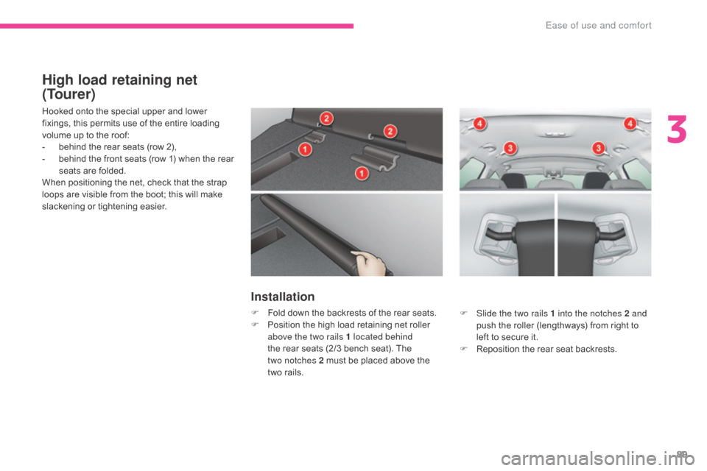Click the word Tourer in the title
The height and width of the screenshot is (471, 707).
[x=68, y=94]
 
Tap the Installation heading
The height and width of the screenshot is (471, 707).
[x=283, y=297]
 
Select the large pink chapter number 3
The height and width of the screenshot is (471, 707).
[x=676, y=129]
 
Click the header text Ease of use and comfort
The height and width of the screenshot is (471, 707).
[x=598, y=25]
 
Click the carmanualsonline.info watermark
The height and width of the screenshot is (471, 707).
[x=597, y=458]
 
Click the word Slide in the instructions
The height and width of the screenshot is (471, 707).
[x=486, y=314]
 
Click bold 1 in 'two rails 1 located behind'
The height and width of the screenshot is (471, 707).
[x=348, y=336]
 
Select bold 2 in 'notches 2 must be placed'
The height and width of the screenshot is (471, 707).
[x=321, y=361]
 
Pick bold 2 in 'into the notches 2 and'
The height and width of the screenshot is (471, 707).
[x=627, y=314]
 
